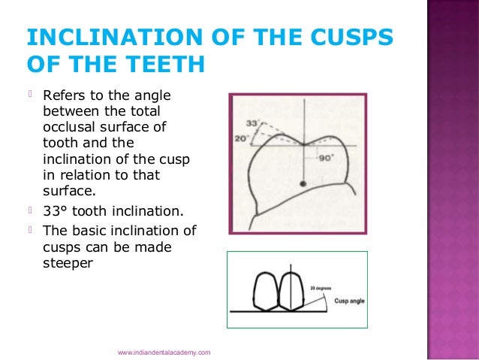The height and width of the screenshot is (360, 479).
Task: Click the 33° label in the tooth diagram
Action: pyautogui.click(x=253, y=122)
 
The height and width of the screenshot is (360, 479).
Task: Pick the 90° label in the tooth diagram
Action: pyautogui.click(x=326, y=159)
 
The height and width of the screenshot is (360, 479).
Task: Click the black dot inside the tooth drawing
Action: pyautogui.click(x=303, y=183)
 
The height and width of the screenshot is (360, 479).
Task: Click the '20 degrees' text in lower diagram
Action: pyautogui.click(x=320, y=287)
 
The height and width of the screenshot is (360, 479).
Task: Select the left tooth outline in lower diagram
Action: pyautogui.click(x=267, y=289)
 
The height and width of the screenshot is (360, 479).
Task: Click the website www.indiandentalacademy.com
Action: pyautogui.click(x=164, y=352)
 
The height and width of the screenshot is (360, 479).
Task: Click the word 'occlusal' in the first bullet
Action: pyautogui.click(x=71, y=129)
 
